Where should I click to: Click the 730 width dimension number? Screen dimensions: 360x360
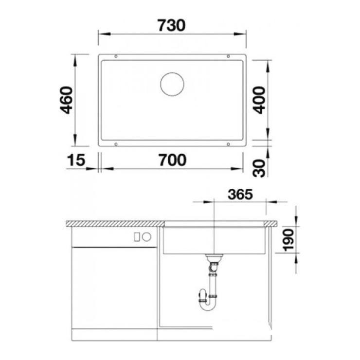tap(171, 25)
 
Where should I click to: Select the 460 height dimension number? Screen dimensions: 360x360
tap(66, 100)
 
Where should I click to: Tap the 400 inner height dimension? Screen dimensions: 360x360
tap(259, 100)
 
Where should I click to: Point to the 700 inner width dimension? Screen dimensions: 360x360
tap(172, 160)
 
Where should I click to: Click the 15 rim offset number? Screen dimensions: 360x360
tap(76, 160)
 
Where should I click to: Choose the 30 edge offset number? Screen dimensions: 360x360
tap(259, 168)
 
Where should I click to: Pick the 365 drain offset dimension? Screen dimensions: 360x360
tap(240, 195)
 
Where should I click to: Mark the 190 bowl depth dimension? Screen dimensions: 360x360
tap(288, 240)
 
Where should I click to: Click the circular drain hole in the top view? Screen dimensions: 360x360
tap(172, 84)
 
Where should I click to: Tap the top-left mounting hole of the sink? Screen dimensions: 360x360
tap(116, 56)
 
